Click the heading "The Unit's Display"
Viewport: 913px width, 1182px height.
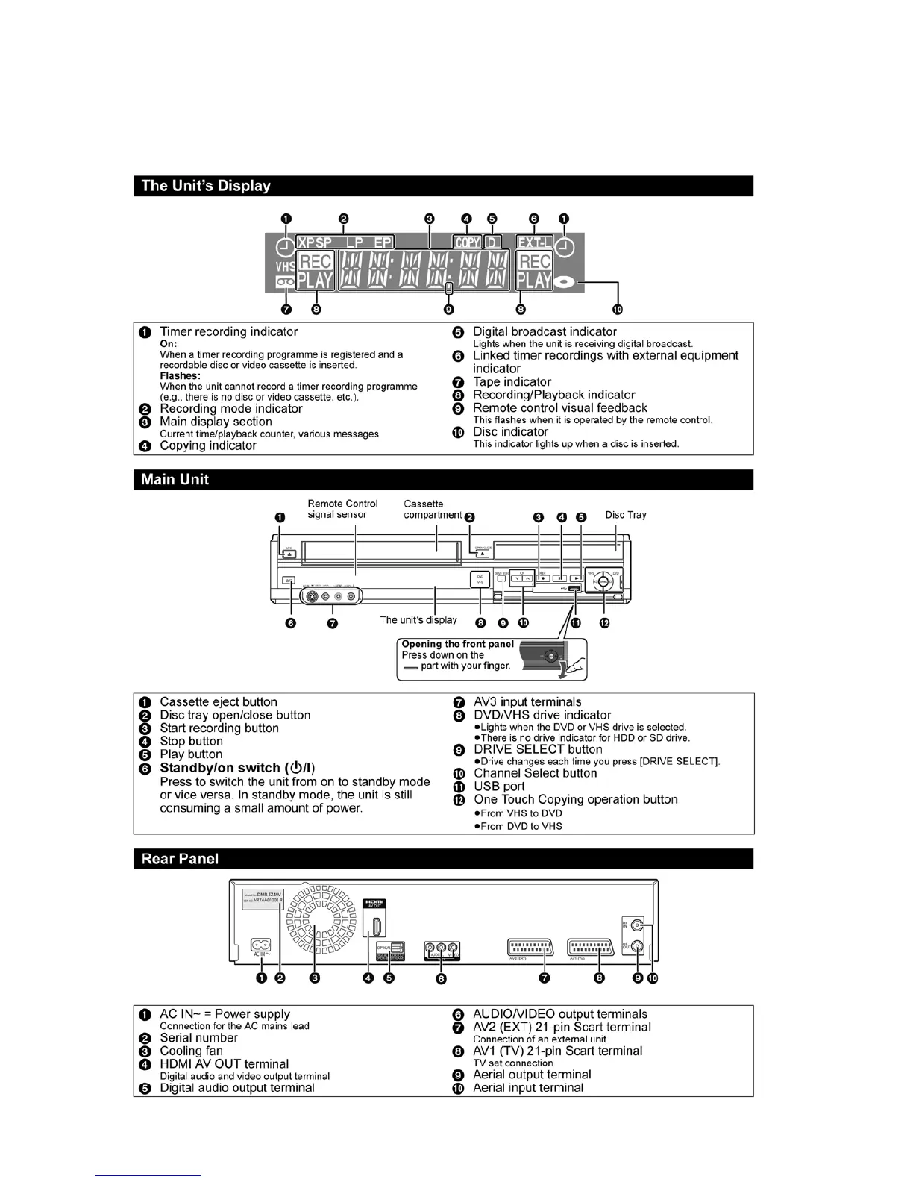tap(206, 186)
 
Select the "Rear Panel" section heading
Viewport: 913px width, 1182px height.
tap(180, 859)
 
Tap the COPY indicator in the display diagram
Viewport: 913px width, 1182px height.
tap(468, 243)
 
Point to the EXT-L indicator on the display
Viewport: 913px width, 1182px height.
tap(534, 243)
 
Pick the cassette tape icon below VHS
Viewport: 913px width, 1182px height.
tap(285, 282)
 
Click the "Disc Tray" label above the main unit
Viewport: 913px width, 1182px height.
tap(625, 515)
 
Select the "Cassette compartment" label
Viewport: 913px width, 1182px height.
tap(433, 510)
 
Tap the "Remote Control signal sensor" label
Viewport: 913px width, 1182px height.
tap(342, 509)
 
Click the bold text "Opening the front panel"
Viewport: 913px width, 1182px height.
tap(457, 644)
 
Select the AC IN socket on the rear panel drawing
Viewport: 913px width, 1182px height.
tap(260, 945)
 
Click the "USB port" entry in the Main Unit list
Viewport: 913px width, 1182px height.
tap(499, 787)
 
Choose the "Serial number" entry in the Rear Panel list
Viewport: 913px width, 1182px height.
tap(198, 1038)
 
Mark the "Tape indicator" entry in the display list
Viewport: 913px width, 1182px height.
tap(512, 382)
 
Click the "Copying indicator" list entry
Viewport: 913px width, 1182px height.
tap(208, 445)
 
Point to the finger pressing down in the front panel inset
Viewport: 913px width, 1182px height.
tap(573, 669)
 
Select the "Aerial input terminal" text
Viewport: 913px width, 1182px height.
tap(528, 1088)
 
